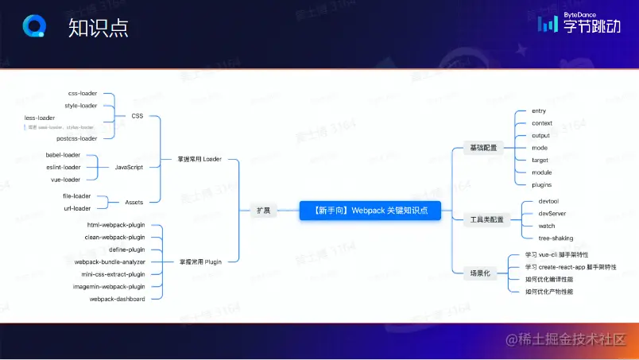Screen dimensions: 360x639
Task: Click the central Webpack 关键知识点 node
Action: tap(370, 210)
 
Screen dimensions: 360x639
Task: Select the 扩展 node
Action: tap(262, 211)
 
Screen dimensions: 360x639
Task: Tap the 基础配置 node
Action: tap(482, 148)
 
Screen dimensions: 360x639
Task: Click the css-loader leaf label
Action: tap(82, 93)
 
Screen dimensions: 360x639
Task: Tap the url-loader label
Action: tap(76, 208)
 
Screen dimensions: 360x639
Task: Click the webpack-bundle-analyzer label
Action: tap(110, 261)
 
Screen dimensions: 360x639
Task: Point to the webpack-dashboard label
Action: tap(117, 299)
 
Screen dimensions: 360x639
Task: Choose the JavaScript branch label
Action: tap(129, 167)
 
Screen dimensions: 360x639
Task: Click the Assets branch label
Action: tap(134, 202)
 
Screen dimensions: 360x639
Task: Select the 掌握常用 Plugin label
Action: tap(199, 261)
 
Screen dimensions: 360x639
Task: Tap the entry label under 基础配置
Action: tap(539, 111)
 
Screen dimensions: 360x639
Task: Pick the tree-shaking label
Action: tap(555, 238)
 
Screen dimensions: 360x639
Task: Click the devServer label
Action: tap(552, 213)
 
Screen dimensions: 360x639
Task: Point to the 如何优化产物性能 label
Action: tap(548, 292)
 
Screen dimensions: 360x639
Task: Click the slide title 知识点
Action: tap(98, 29)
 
